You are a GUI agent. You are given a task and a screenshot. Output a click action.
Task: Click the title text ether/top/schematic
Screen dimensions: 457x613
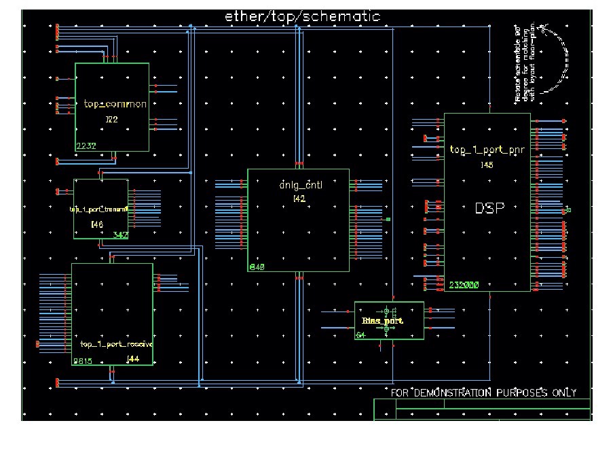302,16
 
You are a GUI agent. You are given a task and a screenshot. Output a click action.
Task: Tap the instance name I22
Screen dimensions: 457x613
111,119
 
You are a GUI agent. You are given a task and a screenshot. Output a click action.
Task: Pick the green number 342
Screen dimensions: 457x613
120,234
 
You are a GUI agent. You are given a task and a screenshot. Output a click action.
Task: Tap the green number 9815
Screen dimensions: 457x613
82,361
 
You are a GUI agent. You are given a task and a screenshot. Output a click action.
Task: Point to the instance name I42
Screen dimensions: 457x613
299,199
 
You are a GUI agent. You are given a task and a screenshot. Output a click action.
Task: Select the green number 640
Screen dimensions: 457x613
257,267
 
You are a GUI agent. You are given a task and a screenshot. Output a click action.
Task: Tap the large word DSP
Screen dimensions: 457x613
489,209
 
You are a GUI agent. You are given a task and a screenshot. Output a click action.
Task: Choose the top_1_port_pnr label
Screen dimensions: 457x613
487,151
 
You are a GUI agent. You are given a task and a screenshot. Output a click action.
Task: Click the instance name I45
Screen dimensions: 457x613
487,165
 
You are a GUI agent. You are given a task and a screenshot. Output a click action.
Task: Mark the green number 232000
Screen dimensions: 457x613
464,286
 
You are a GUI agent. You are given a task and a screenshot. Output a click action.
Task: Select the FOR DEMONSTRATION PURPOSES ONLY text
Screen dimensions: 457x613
484,393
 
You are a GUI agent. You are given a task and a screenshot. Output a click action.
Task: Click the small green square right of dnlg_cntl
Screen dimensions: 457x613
388,220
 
